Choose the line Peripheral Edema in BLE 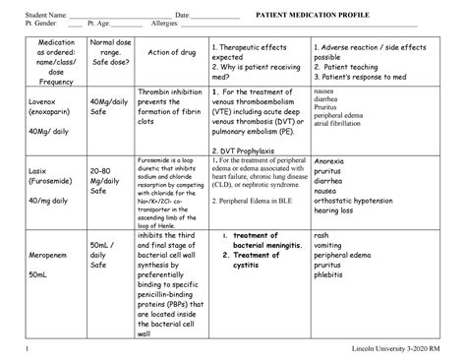257,199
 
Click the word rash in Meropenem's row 321,236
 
